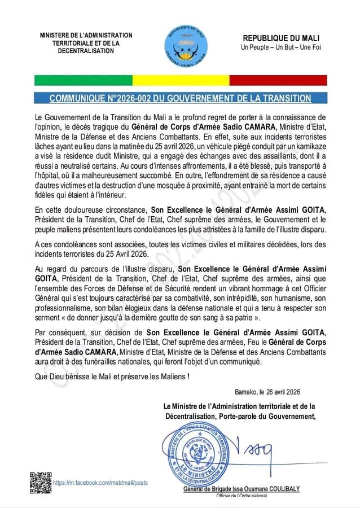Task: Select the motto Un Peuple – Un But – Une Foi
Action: pyautogui.click(x=280, y=47)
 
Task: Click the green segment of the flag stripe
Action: pyautogui.click(x=83, y=80)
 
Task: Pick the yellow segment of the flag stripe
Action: pyautogui.click(x=181, y=80)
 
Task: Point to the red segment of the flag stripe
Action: pyautogui.click(x=278, y=80)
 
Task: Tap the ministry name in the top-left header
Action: pyautogui.click(x=86, y=43)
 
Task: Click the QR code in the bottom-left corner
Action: pyautogui.click(x=40, y=483)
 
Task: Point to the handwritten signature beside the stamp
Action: pyautogui.click(x=256, y=452)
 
